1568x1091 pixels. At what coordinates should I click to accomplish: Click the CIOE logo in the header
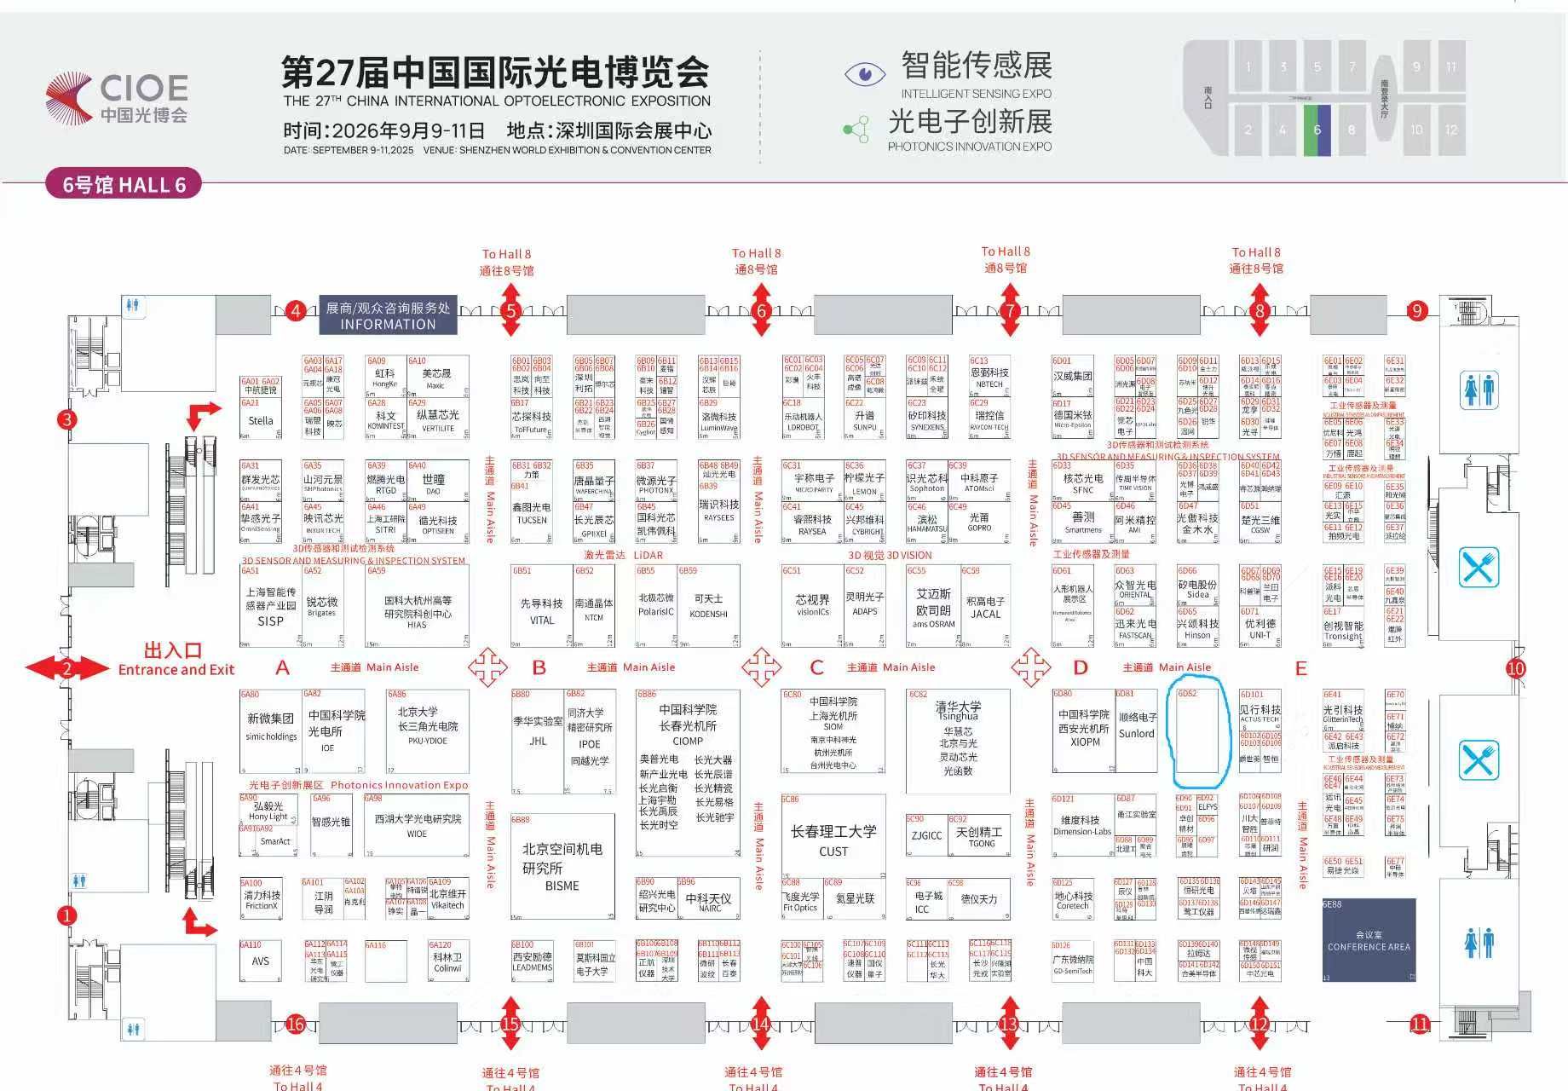[x=117, y=97]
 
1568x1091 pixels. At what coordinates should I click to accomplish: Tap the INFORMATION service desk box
[x=388, y=315]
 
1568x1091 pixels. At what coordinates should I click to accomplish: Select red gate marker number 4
[x=295, y=310]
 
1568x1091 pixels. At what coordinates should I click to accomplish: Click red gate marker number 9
[x=1416, y=310]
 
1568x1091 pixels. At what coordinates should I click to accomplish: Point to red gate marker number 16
[x=295, y=1024]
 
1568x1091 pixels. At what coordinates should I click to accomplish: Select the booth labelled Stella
[x=261, y=420]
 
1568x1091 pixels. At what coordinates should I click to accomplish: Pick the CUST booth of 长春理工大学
[x=833, y=840]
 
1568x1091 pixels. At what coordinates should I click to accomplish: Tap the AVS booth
[x=260, y=961]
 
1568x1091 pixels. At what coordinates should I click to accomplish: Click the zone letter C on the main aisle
[x=816, y=667]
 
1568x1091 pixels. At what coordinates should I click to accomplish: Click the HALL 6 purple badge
[x=124, y=184]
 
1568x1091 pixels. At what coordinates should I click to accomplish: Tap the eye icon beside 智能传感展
[x=864, y=73]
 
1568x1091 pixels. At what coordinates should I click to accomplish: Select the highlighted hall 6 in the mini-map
[x=1317, y=130]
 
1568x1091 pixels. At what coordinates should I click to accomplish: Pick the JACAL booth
[x=985, y=607]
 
